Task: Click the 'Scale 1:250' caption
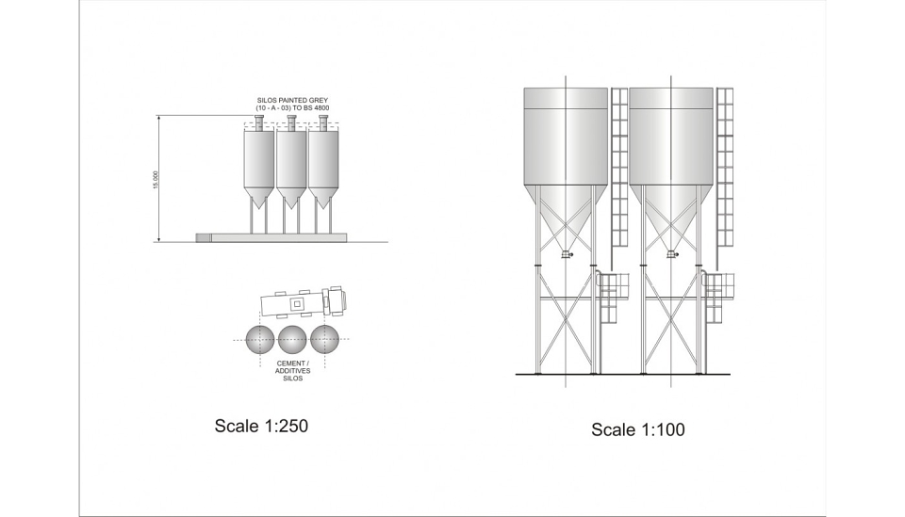click(261, 426)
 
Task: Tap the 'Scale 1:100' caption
click(638, 429)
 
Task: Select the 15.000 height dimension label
click(155, 180)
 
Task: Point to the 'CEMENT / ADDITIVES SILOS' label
click(292, 371)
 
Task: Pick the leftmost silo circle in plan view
click(260, 340)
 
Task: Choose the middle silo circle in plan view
click(292, 340)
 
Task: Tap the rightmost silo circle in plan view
click(325, 340)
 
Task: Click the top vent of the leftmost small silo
click(259, 121)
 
